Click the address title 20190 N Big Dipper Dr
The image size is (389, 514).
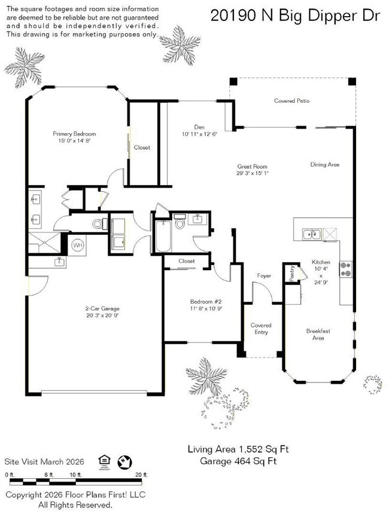[295, 16]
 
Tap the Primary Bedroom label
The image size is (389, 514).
[74, 134]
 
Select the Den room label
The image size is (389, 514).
[200, 126]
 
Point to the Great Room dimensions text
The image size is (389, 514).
[251, 174]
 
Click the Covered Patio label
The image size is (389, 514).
[291, 101]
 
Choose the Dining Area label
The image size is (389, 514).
[324, 164]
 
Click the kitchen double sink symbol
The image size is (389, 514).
[311, 234]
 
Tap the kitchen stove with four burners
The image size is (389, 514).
[345, 270]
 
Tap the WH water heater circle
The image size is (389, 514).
[78, 245]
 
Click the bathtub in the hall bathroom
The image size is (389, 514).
[162, 237]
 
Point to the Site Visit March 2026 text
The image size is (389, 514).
[44, 461]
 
